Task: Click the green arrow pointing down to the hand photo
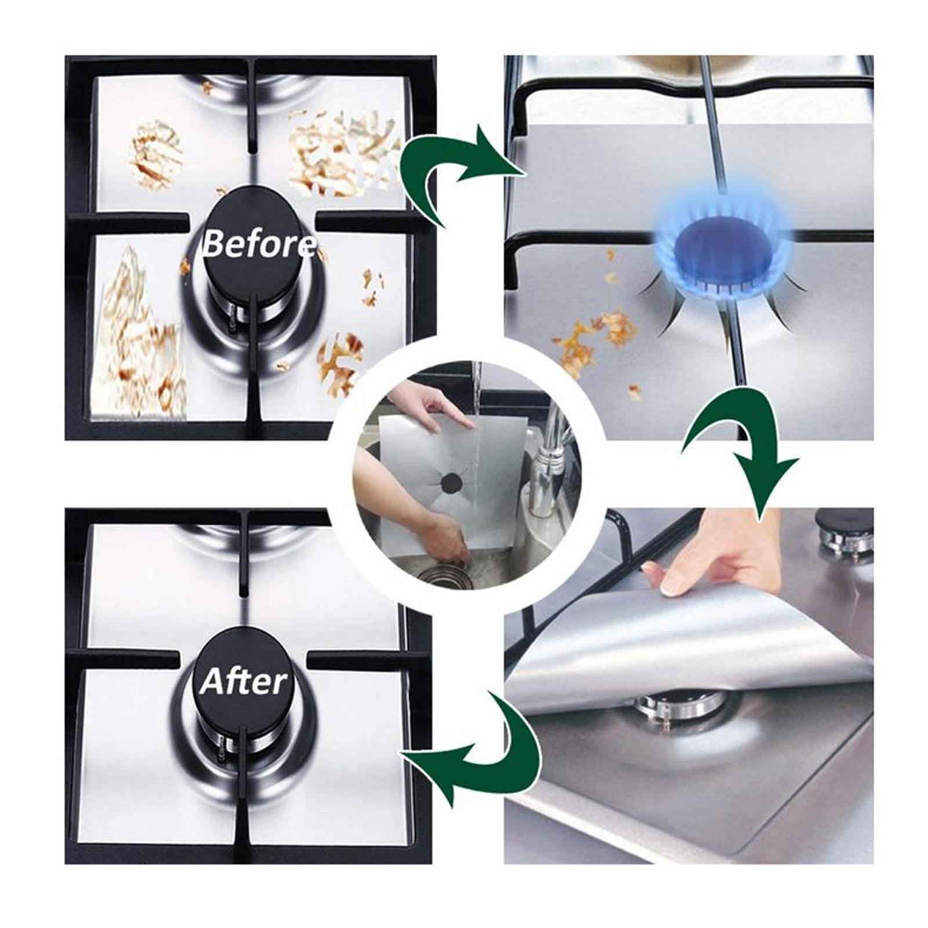pyautogui.click(x=748, y=447)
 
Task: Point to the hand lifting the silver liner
pyautogui.click(x=719, y=557)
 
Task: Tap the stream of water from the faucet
pyautogui.click(x=476, y=394)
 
